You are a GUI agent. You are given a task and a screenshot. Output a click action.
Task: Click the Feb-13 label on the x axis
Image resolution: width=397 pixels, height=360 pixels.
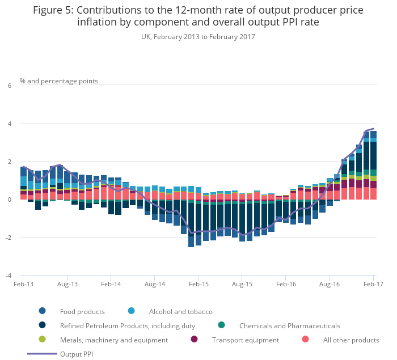click(x=23, y=284)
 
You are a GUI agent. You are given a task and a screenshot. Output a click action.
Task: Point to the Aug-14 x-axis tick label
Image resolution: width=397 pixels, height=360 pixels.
click(x=155, y=284)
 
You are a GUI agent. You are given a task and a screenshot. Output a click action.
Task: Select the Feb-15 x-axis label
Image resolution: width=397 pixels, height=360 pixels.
click(x=198, y=284)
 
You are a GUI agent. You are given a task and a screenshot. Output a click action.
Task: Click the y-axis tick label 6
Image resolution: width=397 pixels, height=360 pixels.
click(x=9, y=86)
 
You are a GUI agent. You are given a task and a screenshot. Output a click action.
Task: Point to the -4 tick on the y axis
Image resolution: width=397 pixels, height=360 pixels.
click(x=9, y=276)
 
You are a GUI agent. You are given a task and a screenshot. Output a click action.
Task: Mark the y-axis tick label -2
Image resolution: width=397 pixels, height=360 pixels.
click(x=9, y=238)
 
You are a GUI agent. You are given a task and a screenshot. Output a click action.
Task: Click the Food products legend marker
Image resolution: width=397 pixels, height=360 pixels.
click(x=43, y=311)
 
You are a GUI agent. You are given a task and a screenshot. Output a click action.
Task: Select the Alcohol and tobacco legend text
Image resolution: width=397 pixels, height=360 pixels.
click(x=180, y=311)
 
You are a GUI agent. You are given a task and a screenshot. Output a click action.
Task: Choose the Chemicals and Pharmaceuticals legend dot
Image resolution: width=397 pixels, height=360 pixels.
click(x=221, y=325)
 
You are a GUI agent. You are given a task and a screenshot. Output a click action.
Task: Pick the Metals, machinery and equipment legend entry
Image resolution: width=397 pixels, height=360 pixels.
click(x=113, y=340)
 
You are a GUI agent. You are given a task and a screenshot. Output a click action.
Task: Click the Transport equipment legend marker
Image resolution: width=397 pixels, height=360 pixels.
click(x=195, y=340)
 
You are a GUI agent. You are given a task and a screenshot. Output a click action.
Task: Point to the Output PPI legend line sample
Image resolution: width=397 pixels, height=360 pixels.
click(x=42, y=354)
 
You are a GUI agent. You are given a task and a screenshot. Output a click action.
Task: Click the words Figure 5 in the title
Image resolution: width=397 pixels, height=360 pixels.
click(x=52, y=10)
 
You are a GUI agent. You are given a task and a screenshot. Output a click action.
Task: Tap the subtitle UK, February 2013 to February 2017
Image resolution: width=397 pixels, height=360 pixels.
click(x=198, y=37)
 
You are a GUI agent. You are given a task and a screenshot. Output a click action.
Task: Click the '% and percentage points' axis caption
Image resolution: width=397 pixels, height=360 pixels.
click(x=59, y=81)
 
